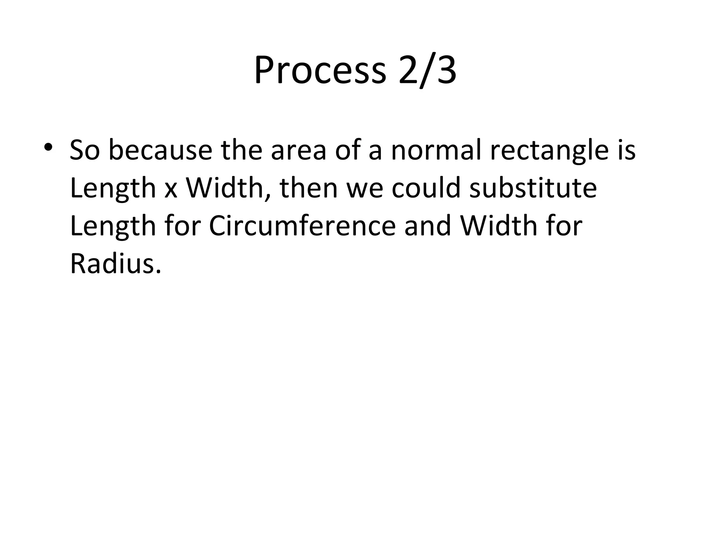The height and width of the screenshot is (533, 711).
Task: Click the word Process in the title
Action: [x=320, y=71]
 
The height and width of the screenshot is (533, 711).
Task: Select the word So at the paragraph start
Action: [x=84, y=151]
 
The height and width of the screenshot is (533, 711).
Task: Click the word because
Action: [x=160, y=151]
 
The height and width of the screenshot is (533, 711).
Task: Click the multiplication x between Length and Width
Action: [x=171, y=189]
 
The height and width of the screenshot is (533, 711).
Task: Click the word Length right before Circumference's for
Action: [x=113, y=227]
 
